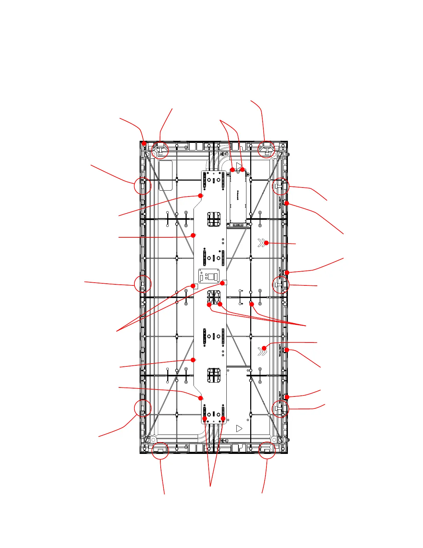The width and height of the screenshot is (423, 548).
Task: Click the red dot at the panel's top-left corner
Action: (x=144, y=144)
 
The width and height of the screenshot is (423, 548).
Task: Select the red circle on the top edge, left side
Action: (x=160, y=150)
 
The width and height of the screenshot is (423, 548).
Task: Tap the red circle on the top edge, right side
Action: (x=266, y=149)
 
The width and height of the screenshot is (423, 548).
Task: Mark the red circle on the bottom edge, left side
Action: (x=160, y=450)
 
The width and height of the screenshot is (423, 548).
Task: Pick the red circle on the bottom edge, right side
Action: (x=267, y=450)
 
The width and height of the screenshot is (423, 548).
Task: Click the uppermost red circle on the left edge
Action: (x=143, y=186)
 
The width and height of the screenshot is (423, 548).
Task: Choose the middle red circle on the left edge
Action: (x=143, y=284)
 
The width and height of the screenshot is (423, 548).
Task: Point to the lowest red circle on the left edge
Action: (x=143, y=408)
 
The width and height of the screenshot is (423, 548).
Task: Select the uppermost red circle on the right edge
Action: (x=280, y=186)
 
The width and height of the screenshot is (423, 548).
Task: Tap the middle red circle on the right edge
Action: (x=280, y=284)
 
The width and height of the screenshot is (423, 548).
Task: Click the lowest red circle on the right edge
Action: (x=280, y=409)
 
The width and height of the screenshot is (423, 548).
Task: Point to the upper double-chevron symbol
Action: (x=261, y=243)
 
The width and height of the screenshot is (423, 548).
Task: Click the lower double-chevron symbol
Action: (x=262, y=352)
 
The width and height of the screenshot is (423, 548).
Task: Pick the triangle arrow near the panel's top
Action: (x=239, y=166)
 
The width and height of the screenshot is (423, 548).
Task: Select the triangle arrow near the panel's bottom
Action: (x=239, y=428)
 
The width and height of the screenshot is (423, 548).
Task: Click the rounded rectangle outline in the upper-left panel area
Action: (x=165, y=175)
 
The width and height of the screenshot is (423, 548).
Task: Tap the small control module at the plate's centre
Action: (x=209, y=276)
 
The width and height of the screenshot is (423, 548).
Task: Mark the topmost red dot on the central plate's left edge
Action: (x=200, y=195)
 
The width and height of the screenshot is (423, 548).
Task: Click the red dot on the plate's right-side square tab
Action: (x=223, y=283)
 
